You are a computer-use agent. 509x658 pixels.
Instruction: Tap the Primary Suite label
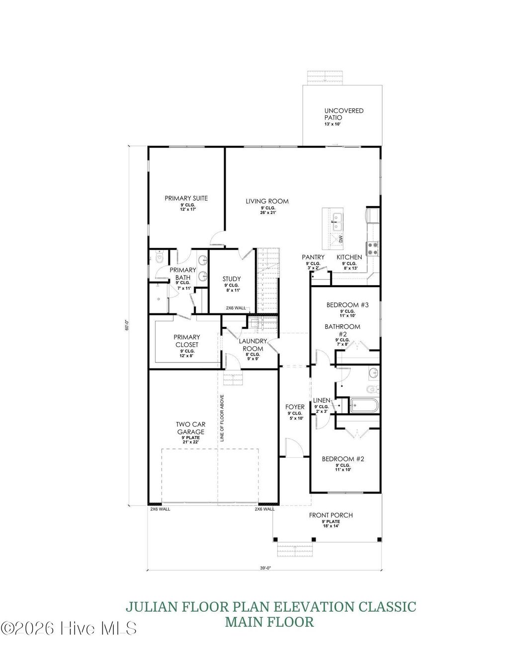point(186,198)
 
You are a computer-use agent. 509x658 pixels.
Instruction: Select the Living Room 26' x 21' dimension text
point(267,213)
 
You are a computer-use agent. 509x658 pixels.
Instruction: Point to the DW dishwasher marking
point(340,239)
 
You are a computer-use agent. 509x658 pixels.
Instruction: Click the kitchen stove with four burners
point(372,247)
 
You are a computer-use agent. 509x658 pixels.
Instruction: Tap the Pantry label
point(313,257)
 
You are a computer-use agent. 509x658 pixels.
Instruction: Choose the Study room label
point(232,279)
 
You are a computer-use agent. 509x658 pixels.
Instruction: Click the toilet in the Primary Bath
point(158,258)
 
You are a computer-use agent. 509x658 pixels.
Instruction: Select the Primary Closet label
point(186,341)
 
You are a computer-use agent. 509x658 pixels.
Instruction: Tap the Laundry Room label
point(253,345)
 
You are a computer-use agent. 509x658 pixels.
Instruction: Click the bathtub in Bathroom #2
point(364,406)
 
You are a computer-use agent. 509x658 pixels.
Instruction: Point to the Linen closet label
point(322,400)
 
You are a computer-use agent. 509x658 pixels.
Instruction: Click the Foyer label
point(294,407)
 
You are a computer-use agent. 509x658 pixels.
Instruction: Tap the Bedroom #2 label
point(343,459)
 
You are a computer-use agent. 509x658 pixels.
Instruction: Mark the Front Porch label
point(331,515)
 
